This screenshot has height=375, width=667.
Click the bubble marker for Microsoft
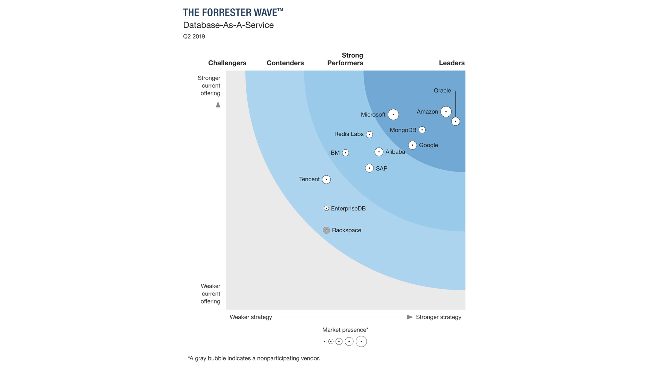click(x=393, y=115)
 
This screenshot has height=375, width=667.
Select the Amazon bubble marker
click(x=446, y=112)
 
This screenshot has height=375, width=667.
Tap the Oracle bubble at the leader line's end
click(x=455, y=122)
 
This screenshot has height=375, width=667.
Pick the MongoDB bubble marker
click(x=422, y=130)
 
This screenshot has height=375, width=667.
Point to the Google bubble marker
click(x=412, y=145)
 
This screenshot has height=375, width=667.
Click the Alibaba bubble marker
click(x=379, y=152)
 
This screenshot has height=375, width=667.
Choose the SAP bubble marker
click(x=369, y=168)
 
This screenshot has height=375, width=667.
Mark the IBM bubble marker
click(x=345, y=153)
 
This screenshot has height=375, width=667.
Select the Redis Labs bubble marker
click(x=369, y=134)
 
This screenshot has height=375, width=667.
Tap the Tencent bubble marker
click(x=326, y=180)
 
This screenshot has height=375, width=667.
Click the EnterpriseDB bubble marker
click(x=326, y=208)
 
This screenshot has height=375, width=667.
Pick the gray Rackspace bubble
click(x=326, y=230)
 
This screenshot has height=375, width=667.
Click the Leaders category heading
click(x=452, y=63)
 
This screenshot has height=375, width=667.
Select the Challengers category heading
click(x=227, y=63)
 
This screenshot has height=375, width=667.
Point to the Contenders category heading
click(x=285, y=63)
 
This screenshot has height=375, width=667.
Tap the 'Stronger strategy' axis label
click(x=438, y=317)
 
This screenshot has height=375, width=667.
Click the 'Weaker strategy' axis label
click(x=251, y=317)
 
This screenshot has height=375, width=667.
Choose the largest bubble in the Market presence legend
click(x=361, y=342)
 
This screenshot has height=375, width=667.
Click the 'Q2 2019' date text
click(x=194, y=36)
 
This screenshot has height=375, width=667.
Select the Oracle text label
click(x=442, y=91)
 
